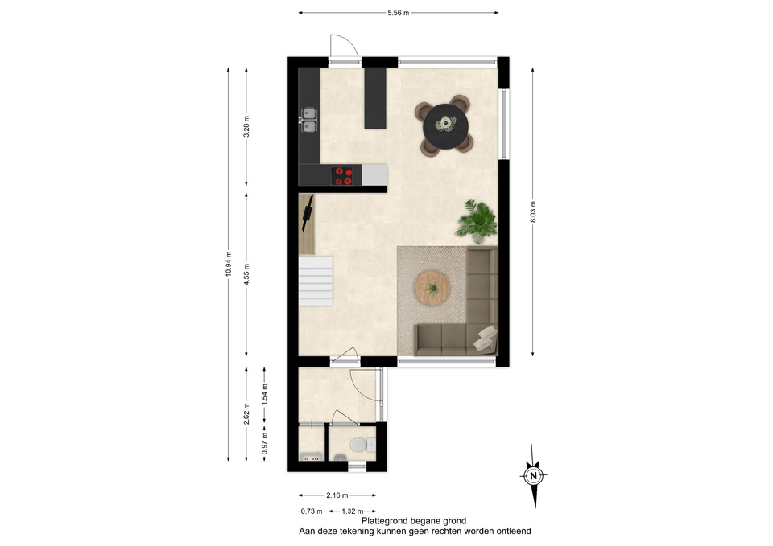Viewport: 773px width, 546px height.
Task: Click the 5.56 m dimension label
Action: point(398,13)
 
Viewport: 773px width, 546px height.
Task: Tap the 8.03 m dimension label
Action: point(533,211)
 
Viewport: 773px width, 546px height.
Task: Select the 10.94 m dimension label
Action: point(228,264)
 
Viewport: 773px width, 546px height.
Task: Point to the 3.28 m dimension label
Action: point(246,126)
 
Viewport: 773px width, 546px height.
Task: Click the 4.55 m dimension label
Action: point(246,274)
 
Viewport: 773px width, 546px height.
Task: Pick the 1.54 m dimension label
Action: point(265,394)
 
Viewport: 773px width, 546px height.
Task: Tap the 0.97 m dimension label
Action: point(265,443)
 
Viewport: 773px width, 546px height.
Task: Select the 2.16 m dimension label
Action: point(337,495)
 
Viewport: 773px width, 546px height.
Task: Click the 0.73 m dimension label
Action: point(312,511)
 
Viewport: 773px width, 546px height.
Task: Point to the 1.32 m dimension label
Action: point(353,511)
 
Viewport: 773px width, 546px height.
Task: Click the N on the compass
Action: point(533,476)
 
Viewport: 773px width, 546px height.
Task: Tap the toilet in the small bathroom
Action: point(362,445)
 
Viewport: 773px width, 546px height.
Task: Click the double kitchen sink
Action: point(309,120)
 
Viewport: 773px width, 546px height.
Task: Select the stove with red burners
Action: point(341,176)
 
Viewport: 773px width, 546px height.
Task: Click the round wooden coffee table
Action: point(432,288)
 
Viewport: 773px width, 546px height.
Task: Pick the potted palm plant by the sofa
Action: point(476,221)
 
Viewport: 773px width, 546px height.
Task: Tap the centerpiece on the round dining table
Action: point(445,123)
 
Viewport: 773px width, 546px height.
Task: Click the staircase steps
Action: point(316,281)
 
